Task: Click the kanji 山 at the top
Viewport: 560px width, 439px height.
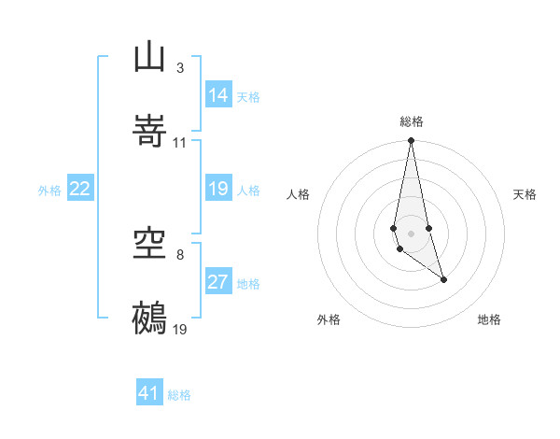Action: coord(150,58)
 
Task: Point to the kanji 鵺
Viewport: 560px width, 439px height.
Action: coord(150,318)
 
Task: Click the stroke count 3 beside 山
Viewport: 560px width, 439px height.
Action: coord(179,68)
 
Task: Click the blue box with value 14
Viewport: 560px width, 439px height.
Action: coord(218,94)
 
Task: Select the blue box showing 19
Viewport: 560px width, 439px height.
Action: coord(218,189)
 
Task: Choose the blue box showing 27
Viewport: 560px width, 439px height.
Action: coord(218,282)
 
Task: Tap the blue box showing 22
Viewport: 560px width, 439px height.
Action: coord(80,189)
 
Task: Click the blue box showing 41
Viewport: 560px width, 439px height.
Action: coord(149,393)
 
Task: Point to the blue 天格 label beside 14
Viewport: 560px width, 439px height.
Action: coord(248,96)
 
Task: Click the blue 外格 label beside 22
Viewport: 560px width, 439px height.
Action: coord(49,191)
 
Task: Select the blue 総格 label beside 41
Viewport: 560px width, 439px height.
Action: coord(179,395)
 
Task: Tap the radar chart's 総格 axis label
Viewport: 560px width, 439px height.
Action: coord(412,121)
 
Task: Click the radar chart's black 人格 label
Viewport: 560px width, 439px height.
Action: coord(299,194)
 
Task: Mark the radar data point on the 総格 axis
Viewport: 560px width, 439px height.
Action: coord(412,140)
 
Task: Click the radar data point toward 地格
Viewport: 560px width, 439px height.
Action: coord(443,279)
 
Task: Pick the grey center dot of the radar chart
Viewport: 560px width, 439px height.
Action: coord(412,233)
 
